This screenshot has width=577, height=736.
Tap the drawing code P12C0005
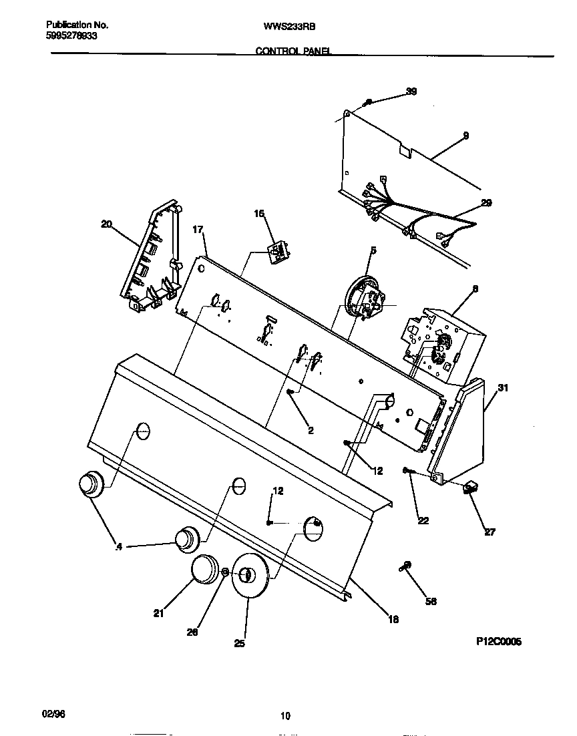(x=498, y=641)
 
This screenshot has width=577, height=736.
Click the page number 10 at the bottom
(x=285, y=716)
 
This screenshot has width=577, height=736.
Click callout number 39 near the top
(x=411, y=91)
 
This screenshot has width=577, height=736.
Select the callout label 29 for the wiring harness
(x=486, y=203)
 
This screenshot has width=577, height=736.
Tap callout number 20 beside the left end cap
(x=106, y=224)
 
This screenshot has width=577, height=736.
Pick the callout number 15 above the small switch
(x=259, y=214)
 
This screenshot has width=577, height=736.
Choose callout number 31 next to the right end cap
(x=503, y=388)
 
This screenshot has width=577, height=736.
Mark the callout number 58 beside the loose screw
(x=431, y=601)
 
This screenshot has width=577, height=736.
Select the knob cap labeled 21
(x=205, y=570)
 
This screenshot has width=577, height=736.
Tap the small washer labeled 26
(x=226, y=572)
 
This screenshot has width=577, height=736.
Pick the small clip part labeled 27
(x=471, y=489)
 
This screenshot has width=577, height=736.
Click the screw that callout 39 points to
(x=368, y=102)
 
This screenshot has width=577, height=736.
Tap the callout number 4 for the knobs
(x=119, y=548)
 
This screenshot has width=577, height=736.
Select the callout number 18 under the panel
(x=393, y=619)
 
